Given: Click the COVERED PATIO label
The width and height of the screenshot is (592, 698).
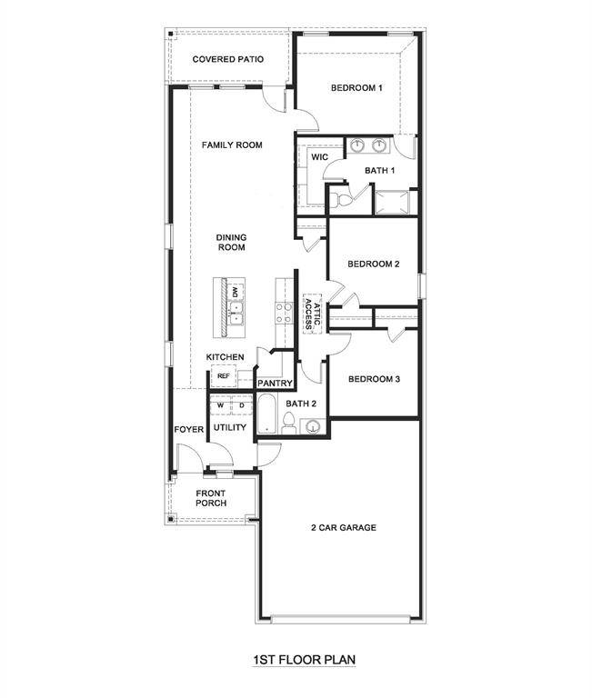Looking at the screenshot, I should (228, 59).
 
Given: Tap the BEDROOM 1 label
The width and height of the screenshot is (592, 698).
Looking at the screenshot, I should (356, 88).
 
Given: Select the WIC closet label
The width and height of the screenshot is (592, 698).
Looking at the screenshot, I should (318, 157).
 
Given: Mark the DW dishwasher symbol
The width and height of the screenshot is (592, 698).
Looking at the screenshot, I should (235, 292).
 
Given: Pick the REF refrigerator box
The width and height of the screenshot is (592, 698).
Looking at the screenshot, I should (222, 374).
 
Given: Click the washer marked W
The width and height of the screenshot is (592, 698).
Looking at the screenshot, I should (219, 405).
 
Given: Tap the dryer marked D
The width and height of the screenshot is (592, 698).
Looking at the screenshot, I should (242, 405).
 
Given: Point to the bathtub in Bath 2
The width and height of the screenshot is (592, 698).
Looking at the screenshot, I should (266, 414).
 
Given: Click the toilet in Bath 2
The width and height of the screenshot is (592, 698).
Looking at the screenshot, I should (289, 422).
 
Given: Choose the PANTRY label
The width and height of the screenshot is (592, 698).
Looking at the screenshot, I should (273, 384).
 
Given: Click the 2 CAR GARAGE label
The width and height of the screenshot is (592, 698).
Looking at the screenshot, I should (343, 528).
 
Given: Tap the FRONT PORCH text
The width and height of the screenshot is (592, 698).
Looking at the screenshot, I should (210, 498).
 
